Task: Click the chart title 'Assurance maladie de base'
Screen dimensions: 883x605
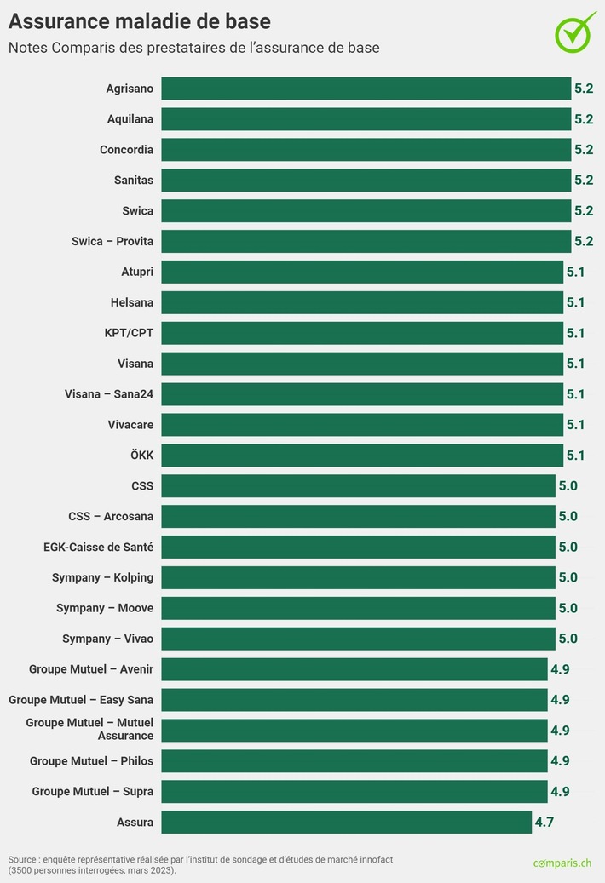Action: pyautogui.click(x=140, y=20)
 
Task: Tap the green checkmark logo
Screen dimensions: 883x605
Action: pyautogui.click(x=576, y=32)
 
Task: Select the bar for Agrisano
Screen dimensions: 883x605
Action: pyautogui.click(x=366, y=89)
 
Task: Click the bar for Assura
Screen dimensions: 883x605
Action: pyautogui.click(x=346, y=822)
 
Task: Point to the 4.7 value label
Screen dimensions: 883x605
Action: pyautogui.click(x=544, y=823)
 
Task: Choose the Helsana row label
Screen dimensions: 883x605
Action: pyautogui.click(x=132, y=302)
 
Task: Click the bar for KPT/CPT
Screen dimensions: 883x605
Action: pyautogui.click(x=361, y=333)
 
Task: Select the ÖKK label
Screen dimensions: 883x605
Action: pyautogui.click(x=142, y=456)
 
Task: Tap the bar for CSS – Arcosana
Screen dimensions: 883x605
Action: pyautogui.click(x=358, y=516)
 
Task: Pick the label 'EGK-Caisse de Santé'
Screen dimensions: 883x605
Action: pyautogui.click(x=99, y=547)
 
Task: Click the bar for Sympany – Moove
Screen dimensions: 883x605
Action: pyautogui.click(x=358, y=608)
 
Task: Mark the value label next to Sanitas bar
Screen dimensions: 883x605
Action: pyautogui.click(x=584, y=181)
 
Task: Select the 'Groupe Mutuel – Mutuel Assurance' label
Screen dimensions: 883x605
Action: pyautogui.click(x=90, y=730)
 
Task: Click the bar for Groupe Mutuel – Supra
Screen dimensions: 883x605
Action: pyautogui.click(x=354, y=791)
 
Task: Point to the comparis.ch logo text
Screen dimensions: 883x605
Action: pyautogui.click(x=562, y=863)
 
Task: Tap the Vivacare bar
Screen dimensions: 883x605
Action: pyautogui.click(x=361, y=425)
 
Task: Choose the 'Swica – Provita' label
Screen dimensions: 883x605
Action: pyautogui.click(x=112, y=242)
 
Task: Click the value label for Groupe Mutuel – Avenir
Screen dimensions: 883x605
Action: pyautogui.click(x=560, y=669)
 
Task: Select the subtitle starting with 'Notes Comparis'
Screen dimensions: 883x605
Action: pyautogui.click(x=193, y=48)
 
